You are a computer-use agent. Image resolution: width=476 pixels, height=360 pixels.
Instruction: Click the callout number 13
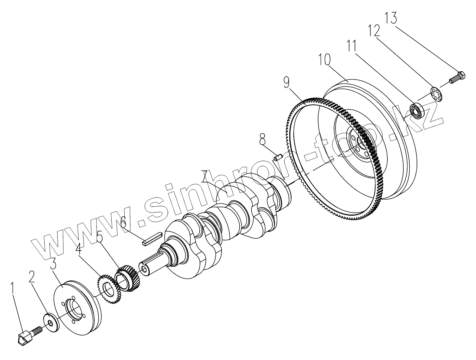click(391, 18)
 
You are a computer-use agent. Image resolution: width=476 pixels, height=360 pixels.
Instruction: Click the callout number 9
click(286, 83)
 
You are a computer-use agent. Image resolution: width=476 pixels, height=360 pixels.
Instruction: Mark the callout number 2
click(32, 277)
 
